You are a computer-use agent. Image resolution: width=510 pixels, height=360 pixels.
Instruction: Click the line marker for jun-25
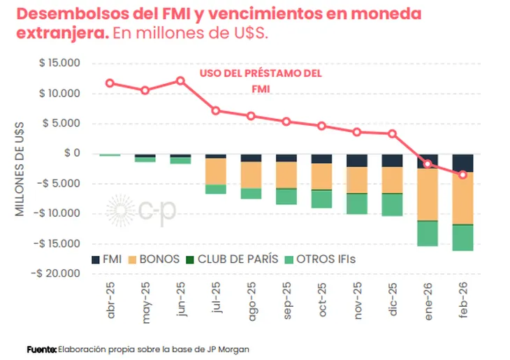(180, 80)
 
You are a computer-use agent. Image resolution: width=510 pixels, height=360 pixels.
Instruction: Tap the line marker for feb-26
(462, 174)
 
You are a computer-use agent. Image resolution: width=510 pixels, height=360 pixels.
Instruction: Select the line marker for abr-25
(110, 83)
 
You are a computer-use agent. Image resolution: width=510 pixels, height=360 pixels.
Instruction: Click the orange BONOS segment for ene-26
(428, 194)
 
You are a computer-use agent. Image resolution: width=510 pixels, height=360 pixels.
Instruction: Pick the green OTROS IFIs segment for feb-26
(462, 238)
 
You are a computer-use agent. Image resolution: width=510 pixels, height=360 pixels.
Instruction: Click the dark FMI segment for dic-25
(392, 160)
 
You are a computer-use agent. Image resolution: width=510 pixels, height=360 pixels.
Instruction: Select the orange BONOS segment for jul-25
(216, 171)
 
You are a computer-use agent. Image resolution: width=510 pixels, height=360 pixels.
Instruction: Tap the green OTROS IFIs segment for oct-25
(321, 199)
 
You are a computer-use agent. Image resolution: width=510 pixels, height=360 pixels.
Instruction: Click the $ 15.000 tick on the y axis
(59, 64)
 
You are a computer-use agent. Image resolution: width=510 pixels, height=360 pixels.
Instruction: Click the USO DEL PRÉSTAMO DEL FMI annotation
(260, 81)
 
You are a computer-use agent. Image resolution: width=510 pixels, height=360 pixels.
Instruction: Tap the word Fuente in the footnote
(41, 349)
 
